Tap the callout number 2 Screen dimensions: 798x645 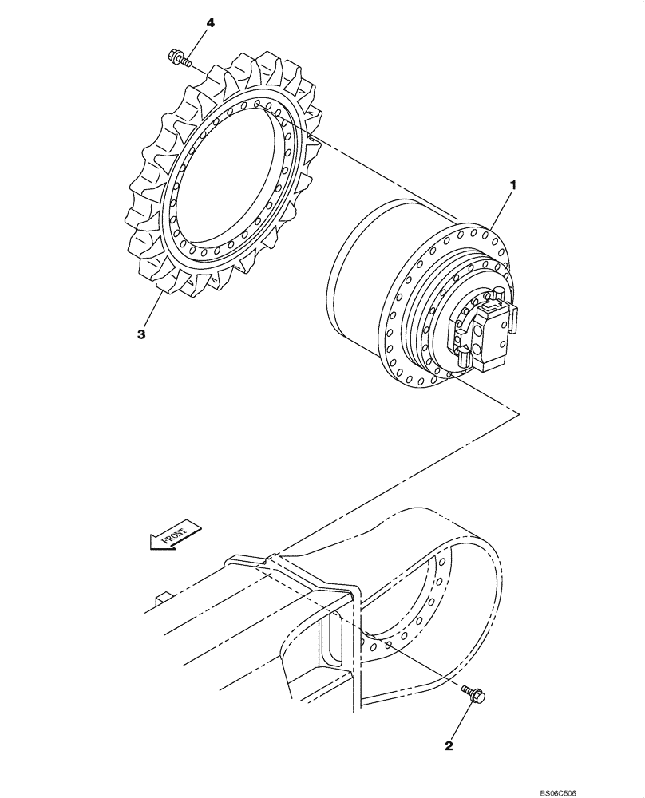449,746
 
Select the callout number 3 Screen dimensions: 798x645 141,335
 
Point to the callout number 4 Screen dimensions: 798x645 211,23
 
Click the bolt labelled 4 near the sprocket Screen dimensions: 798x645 177,57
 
